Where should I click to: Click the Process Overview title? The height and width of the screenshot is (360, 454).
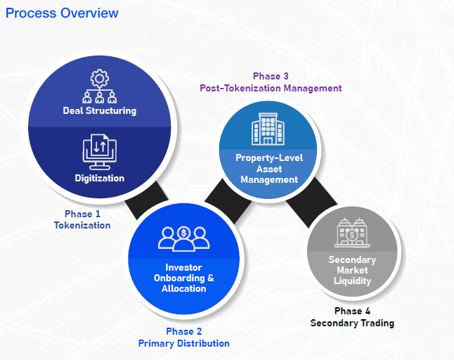point(62,13)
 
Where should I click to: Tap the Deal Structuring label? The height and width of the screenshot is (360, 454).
point(99,110)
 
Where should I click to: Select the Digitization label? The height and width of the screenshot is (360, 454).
point(99,178)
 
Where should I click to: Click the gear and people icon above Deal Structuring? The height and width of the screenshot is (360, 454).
point(99,86)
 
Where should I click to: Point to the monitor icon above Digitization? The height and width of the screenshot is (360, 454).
point(99,151)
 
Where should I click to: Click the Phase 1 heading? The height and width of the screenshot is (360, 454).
point(82,213)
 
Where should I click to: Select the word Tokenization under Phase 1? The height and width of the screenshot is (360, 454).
point(82,225)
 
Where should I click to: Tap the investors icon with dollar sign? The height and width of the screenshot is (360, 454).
point(183,238)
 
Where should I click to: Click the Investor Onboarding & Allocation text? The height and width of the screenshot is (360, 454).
point(183,278)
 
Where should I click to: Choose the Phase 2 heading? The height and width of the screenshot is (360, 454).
point(183,331)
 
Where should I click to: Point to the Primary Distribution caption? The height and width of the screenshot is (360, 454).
point(183,343)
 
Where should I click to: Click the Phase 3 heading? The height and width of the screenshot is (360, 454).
point(270,76)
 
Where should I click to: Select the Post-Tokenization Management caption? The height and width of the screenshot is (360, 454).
point(270,89)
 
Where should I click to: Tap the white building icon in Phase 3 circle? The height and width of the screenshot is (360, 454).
point(270,129)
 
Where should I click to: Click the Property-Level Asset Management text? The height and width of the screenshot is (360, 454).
point(270,169)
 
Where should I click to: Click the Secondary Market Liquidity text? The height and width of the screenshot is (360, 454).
point(352,270)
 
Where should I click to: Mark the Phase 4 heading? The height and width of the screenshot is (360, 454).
point(352,311)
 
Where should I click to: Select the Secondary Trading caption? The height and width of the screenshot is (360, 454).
point(352,323)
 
